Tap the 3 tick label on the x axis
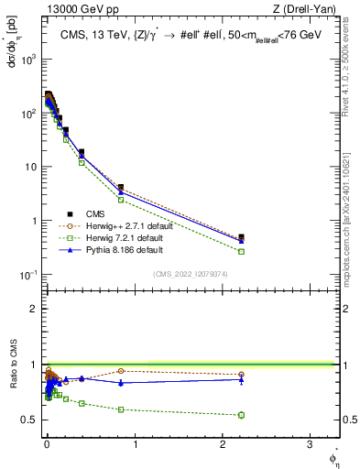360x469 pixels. pyautogui.click(x=309, y=443)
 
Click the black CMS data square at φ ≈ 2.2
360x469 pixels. pyautogui.click(x=241, y=237)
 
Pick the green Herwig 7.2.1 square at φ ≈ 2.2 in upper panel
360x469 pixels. pyautogui.click(x=241, y=251)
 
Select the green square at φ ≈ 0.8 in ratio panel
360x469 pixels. pyautogui.click(x=121, y=409)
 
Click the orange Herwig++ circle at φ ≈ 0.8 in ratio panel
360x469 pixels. pyautogui.click(x=121, y=371)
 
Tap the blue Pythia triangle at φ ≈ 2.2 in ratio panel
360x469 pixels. pyautogui.click(x=241, y=379)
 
